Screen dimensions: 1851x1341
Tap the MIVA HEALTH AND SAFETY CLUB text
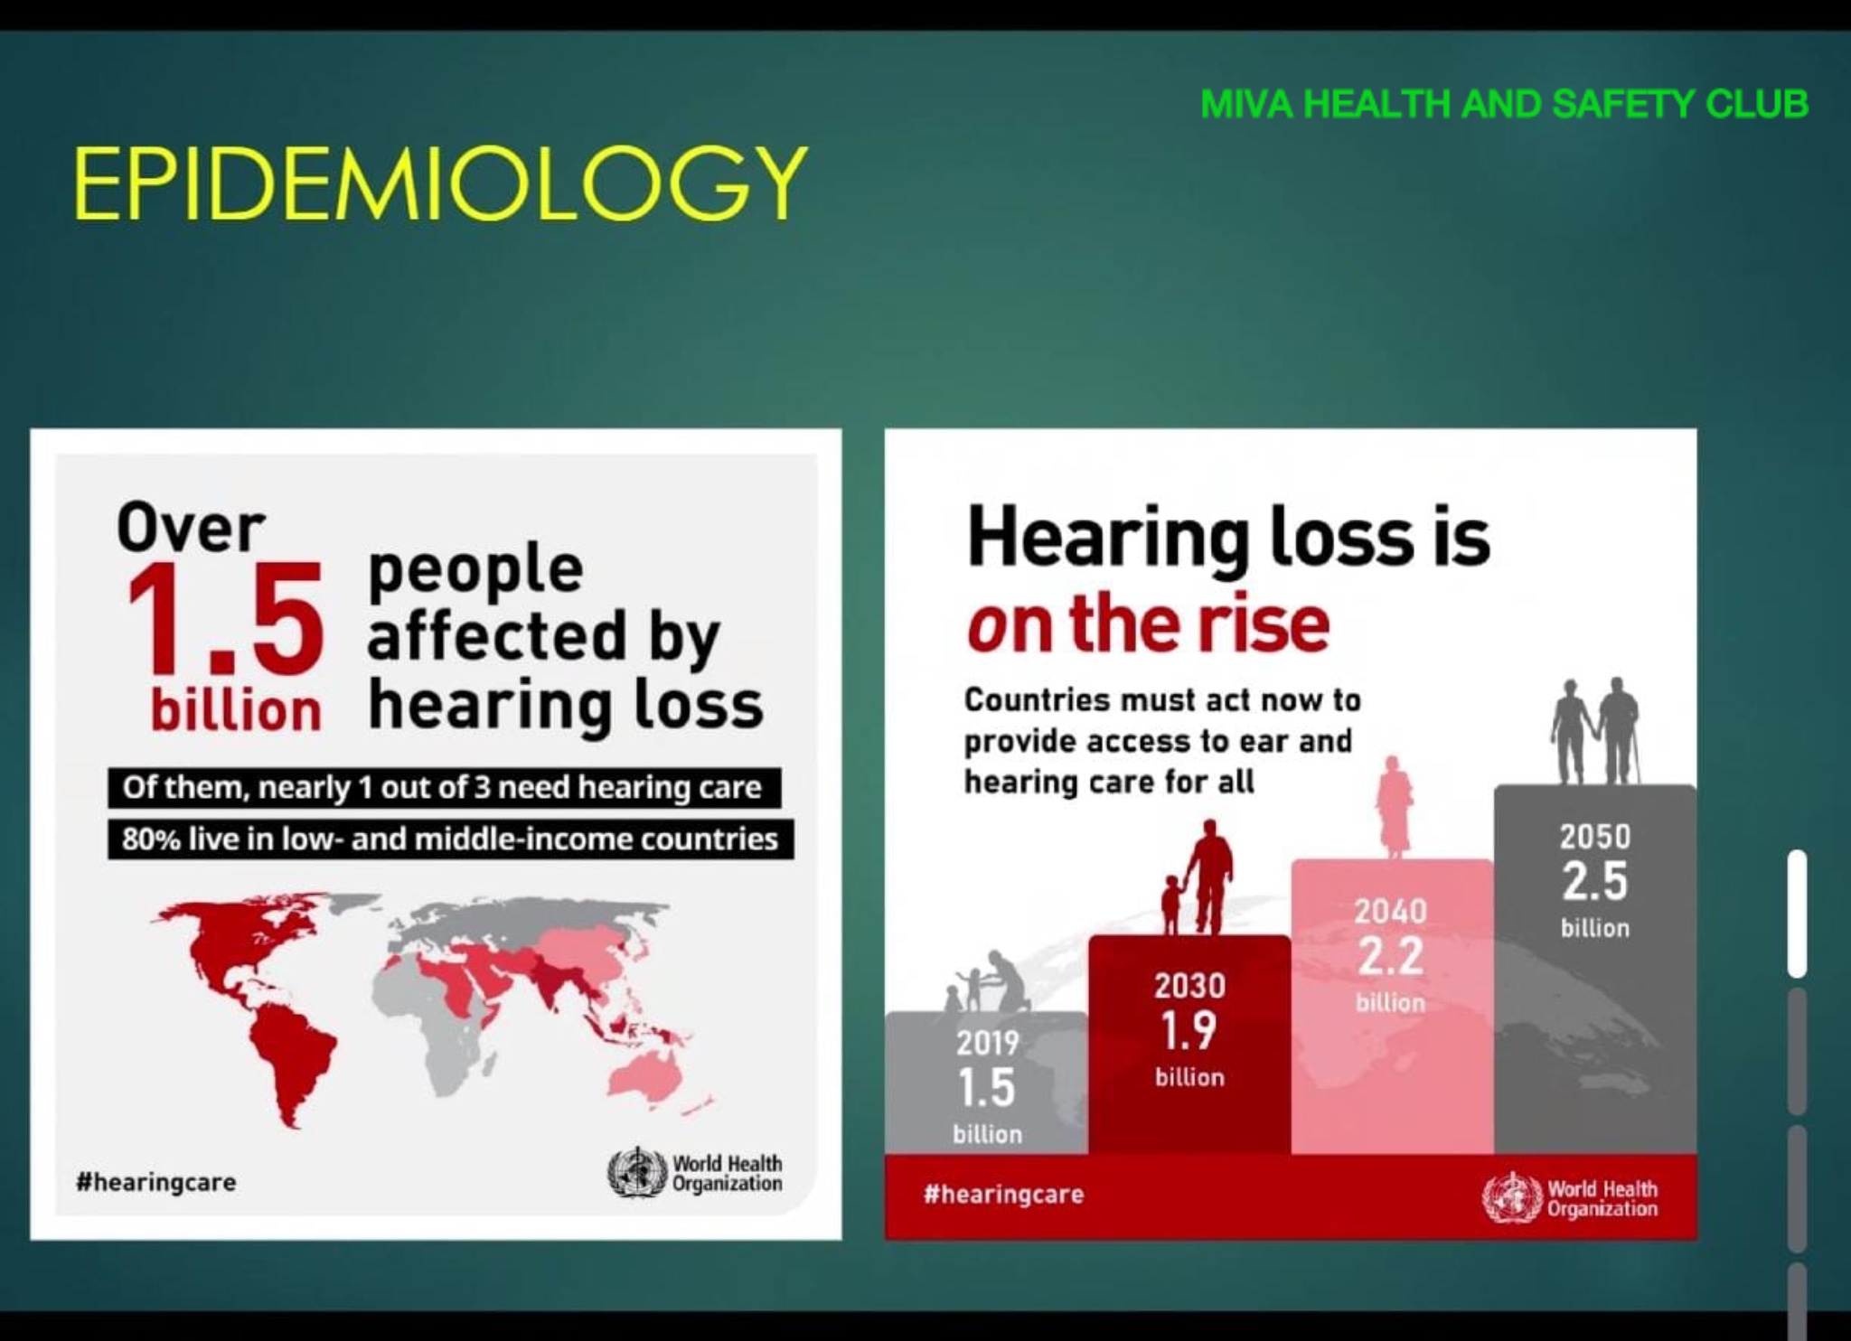point(1505,105)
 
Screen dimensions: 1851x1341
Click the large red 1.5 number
point(224,620)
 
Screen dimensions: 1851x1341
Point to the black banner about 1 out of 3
point(444,788)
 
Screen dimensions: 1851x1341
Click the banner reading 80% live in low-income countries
point(450,839)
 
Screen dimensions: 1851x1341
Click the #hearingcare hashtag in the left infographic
point(156,1183)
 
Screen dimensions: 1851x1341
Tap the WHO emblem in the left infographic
point(637,1174)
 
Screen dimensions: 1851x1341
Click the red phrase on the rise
point(1148,624)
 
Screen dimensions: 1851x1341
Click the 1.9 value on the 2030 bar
point(1189,1030)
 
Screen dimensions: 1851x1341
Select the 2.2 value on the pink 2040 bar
point(1391,956)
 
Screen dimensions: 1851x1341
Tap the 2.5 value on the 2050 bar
point(1595,882)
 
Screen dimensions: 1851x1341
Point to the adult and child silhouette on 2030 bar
point(1195,877)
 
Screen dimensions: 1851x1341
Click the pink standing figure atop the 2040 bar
point(1393,808)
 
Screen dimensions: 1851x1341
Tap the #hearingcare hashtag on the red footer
point(1003,1195)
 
